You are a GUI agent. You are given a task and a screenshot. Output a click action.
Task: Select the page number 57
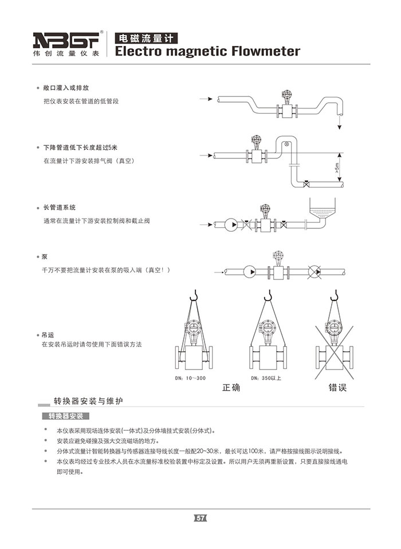(x=200, y=518)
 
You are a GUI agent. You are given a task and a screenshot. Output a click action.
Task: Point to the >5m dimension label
(x=337, y=169)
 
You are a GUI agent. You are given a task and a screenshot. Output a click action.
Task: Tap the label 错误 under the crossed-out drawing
(x=337, y=388)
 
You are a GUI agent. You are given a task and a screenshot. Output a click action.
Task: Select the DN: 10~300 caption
(x=190, y=378)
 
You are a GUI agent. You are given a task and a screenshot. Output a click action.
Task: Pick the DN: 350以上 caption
(x=266, y=378)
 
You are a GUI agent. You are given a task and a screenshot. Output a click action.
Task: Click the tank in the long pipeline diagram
(x=325, y=208)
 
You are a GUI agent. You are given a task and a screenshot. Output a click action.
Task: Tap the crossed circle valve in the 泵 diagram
(x=314, y=272)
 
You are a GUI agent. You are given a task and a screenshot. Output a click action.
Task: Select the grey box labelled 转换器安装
(x=66, y=416)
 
